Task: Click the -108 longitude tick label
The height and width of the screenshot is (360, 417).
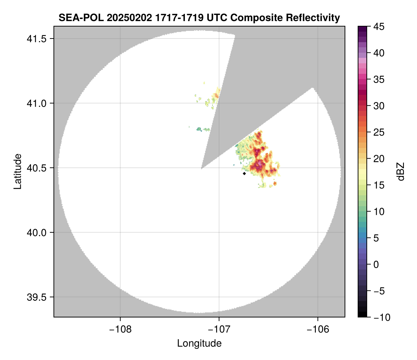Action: pos(120,329)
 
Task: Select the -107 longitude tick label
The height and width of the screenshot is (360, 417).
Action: pos(219,329)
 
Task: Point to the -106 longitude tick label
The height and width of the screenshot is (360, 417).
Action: pos(318,329)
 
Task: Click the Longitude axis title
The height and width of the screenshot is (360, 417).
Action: pos(199,343)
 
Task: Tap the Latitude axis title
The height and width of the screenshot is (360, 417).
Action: pos(17,171)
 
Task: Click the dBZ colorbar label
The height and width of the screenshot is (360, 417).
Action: pos(401,171)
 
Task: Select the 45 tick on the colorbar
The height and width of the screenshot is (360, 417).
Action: pos(378,27)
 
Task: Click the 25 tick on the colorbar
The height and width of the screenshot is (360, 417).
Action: pos(378,132)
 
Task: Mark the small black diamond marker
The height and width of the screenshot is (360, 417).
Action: pos(244,173)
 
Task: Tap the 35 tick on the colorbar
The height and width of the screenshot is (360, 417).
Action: pos(378,79)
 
